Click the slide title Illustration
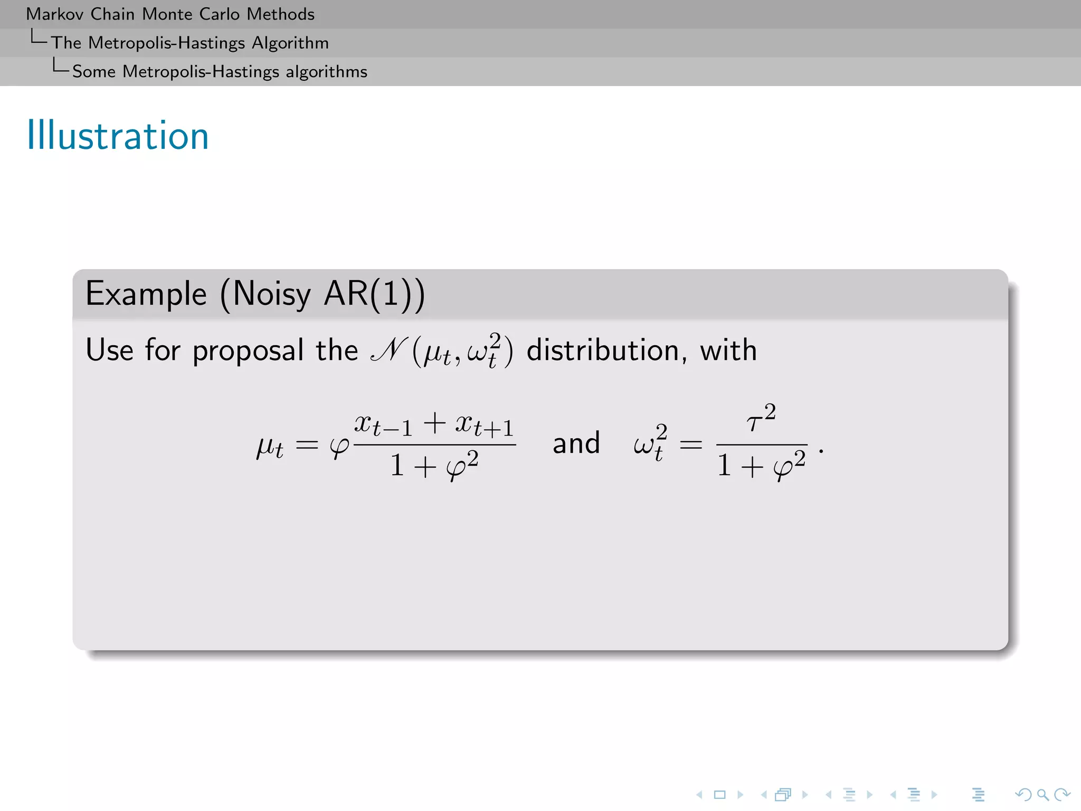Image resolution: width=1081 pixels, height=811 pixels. [118, 136]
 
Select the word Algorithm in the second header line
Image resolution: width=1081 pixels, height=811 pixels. [290, 43]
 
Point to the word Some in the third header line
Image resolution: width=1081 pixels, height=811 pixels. [93, 71]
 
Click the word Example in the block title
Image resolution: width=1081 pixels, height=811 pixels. [146, 294]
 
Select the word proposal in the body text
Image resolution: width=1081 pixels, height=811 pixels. [248, 351]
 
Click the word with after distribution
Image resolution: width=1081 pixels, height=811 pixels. [728, 351]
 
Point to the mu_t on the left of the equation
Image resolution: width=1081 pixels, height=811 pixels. [270, 447]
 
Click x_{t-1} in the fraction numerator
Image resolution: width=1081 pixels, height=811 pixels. [383, 424]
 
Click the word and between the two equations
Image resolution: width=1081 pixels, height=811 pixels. [576, 444]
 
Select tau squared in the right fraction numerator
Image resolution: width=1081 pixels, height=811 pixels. [761, 419]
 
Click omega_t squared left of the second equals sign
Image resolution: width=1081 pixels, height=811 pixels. [650, 444]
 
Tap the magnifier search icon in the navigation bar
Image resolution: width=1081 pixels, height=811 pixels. [1042, 795]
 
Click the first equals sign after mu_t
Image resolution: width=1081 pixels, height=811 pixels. [307, 446]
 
